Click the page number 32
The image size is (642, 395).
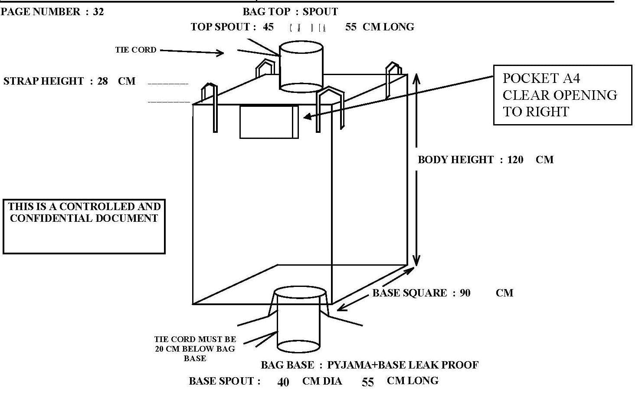[x=98, y=12]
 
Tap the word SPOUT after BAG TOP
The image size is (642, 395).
[x=320, y=12]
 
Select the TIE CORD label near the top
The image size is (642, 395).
[x=136, y=50]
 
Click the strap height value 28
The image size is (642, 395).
[x=102, y=81]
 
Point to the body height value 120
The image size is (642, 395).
[x=515, y=160]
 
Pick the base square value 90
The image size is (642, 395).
[x=465, y=293]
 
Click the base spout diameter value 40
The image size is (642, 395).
[x=283, y=382]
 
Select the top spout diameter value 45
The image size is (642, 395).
[x=268, y=27]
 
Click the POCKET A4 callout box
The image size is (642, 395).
[x=562, y=95]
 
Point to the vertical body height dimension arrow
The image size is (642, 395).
[x=416, y=169]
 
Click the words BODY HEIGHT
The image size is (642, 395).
[x=455, y=160]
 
